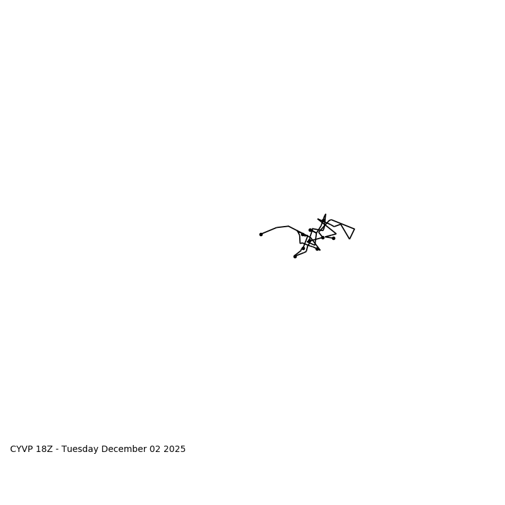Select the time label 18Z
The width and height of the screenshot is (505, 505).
(x=44, y=449)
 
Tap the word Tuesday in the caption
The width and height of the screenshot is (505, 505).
(x=80, y=449)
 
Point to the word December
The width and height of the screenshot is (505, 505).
(x=124, y=449)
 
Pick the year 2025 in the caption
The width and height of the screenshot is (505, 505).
(x=175, y=449)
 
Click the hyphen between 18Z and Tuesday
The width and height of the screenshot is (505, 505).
(x=57, y=450)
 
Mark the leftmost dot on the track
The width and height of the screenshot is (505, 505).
(x=261, y=234)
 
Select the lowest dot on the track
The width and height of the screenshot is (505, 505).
(x=295, y=256)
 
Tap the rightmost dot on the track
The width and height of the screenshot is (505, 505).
(x=333, y=238)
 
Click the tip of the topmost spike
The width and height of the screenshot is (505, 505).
(x=325, y=215)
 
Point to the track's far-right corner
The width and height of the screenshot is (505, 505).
(x=354, y=229)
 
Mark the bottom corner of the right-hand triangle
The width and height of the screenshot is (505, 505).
(x=349, y=239)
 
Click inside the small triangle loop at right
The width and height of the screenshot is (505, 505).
(x=348, y=230)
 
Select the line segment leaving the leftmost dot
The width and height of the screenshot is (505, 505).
(x=269, y=231)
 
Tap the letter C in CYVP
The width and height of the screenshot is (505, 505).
(x=13, y=449)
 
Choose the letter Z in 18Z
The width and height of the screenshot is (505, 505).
(x=50, y=449)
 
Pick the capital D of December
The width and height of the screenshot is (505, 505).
(x=104, y=449)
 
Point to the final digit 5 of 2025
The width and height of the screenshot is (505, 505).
(x=183, y=449)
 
